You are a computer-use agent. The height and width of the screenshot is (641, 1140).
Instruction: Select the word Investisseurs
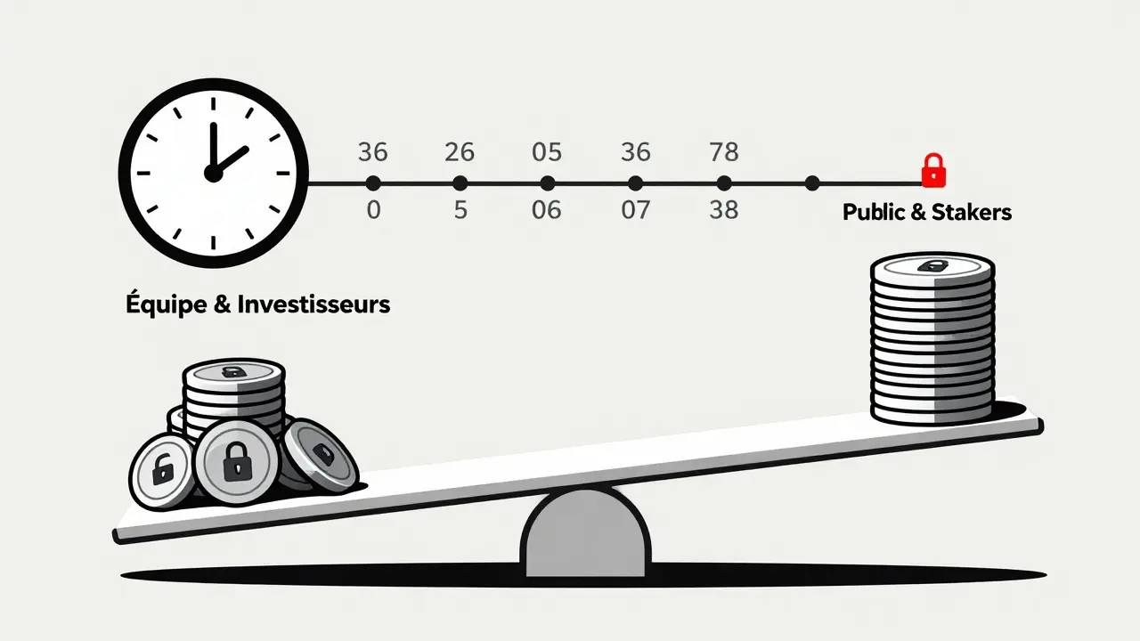tap(313, 304)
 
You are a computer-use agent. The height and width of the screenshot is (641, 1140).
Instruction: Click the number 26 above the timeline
tap(460, 152)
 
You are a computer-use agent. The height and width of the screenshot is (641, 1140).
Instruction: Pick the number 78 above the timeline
tap(723, 152)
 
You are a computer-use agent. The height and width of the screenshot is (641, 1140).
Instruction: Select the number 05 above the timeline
tap(547, 152)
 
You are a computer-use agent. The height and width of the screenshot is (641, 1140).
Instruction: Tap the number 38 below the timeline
tap(723, 212)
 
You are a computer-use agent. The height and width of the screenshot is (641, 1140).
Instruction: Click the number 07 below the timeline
tap(635, 212)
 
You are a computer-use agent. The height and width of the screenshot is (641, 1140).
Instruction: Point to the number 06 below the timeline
tap(547, 212)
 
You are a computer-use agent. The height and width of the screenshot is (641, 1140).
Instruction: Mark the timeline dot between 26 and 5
tap(460, 183)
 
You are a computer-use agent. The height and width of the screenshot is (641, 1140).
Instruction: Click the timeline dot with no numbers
tap(811, 183)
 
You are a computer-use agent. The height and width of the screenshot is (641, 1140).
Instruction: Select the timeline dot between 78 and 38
tap(723, 183)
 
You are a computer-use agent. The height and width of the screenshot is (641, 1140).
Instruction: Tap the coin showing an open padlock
tap(162, 469)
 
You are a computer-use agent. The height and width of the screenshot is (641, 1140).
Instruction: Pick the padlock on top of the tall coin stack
tap(932, 266)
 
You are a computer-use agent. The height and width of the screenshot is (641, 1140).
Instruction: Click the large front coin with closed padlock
tap(237, 461)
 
